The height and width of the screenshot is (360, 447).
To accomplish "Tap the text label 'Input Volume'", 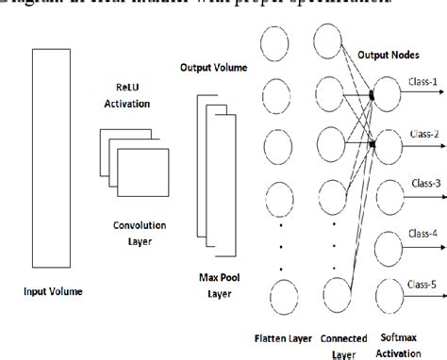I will tap(52, 292).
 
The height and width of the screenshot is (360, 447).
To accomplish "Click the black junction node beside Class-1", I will tap(373, 95).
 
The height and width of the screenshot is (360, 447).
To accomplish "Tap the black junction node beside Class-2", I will tap(373, 144).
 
